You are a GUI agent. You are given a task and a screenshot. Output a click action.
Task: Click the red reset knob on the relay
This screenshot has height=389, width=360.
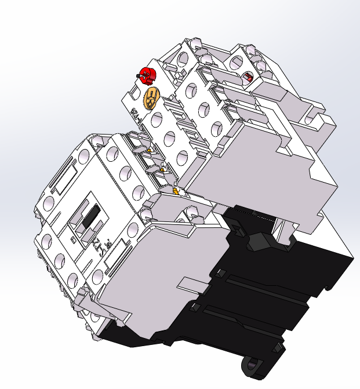[x=147, y=75]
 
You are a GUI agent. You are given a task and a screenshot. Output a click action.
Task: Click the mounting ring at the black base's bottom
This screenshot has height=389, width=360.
[x=253, y=367]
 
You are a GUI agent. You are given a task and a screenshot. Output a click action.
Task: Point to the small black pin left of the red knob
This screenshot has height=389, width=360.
[x=137, y=76]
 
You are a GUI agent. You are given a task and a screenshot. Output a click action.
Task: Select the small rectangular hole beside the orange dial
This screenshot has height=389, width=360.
[x=137, y=93]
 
